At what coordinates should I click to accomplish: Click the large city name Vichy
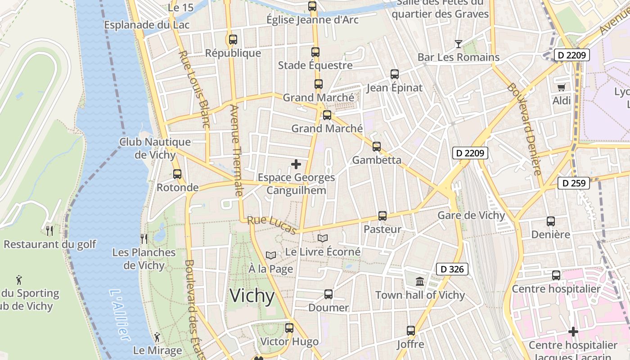pos(252,296)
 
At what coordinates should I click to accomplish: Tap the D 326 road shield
pos(452,270)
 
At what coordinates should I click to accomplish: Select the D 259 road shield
pos(574,183)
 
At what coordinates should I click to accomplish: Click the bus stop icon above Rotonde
pos(177,174)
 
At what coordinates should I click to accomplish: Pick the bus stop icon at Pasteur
pos(382,216)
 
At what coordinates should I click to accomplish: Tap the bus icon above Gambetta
pos(376,147)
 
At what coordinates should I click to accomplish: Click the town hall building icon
pos(420,282)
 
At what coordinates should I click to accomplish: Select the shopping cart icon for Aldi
pos(561,87)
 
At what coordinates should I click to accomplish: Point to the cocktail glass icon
pos(458,44)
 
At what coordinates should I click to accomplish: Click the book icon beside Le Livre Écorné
pos(323,238)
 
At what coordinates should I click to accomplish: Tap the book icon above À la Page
pos(270,256)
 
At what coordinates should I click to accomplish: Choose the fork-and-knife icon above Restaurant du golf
pos(49,231)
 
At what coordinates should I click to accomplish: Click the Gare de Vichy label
pos(471,216)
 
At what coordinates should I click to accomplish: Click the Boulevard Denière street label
pos(524,129)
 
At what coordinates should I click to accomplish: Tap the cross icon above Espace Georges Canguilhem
pos(296,164)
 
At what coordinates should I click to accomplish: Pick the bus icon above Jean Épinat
pos(395,74)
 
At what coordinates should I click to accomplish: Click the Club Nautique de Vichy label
pos(155,148)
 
